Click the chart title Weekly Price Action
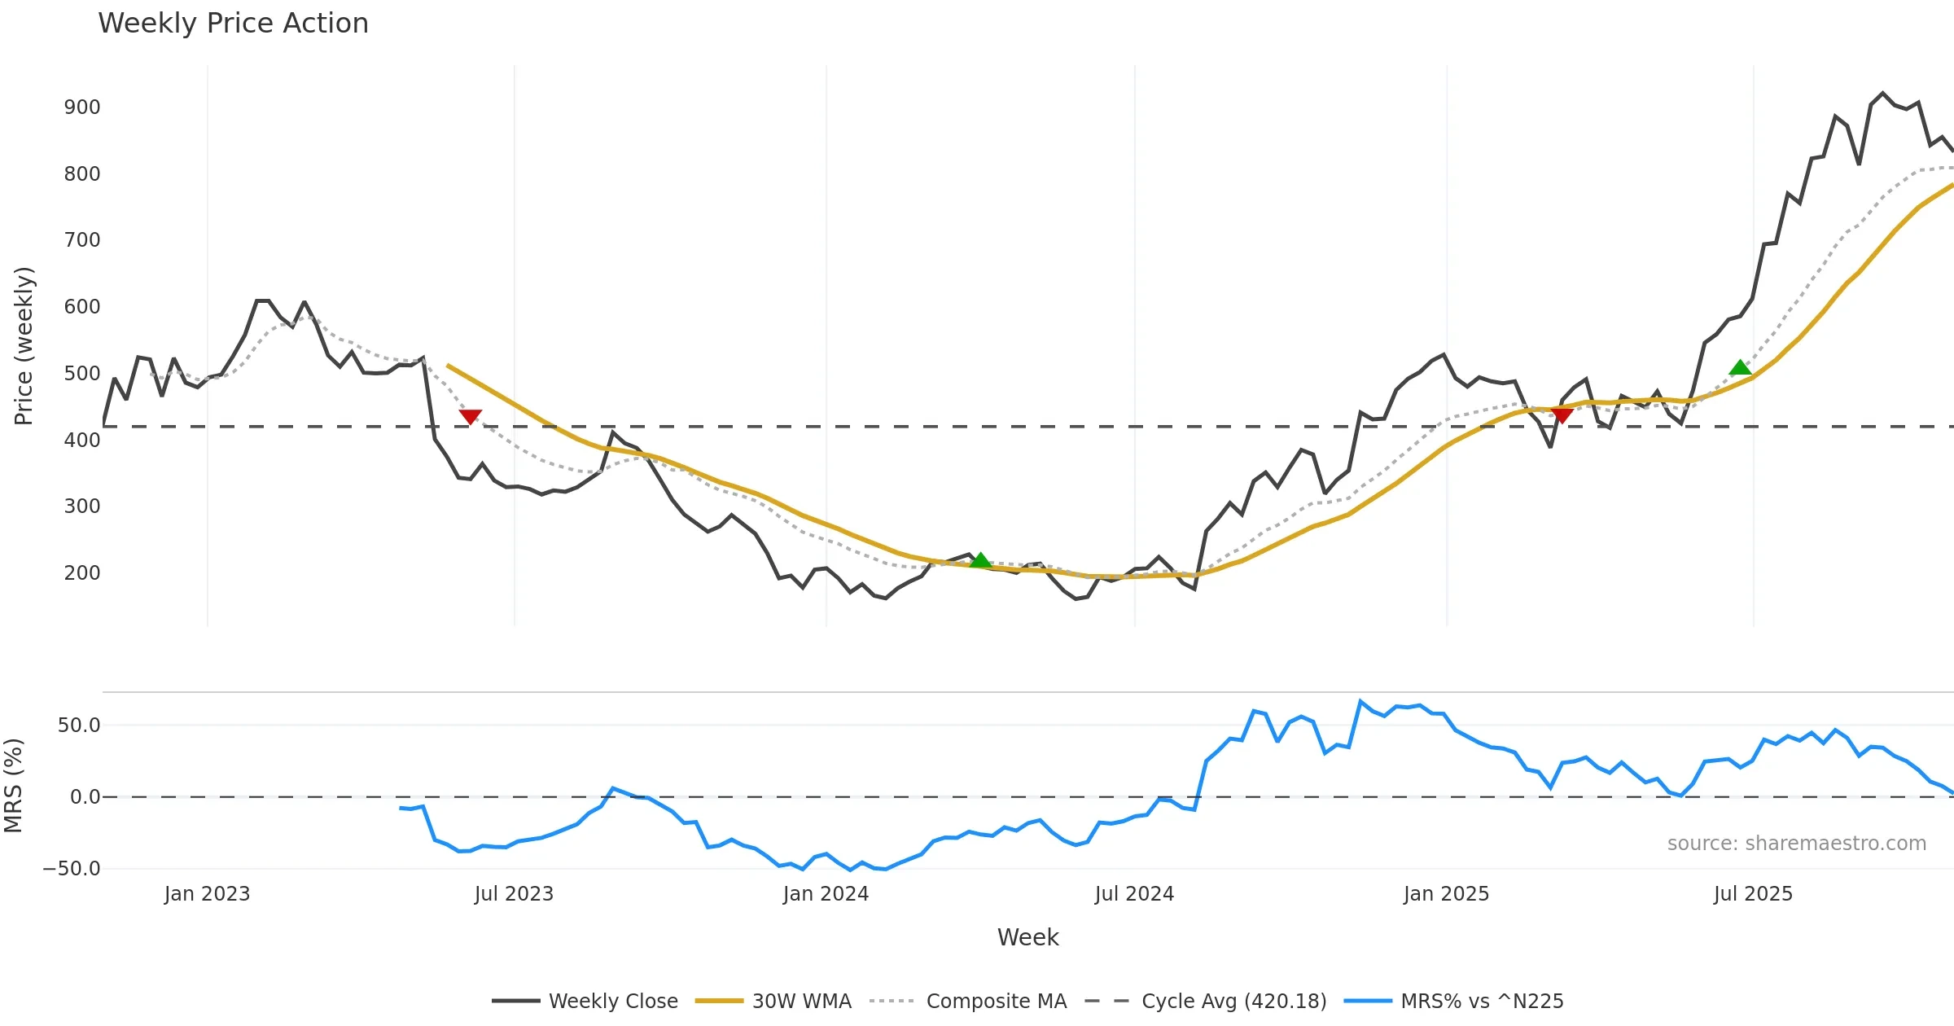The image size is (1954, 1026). tap(233, 24)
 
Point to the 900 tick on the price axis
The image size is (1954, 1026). tap(82, 107)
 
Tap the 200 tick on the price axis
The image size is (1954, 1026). tap(82, 573)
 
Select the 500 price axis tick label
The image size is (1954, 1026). tap(82, 374)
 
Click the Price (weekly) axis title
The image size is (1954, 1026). tap(24, 346)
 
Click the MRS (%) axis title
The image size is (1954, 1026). tap(14, 786)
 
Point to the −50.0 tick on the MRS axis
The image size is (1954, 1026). tap(72, 869)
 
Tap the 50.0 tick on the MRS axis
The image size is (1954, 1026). tap(79, 726)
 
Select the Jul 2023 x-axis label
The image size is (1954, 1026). tap(514, 894)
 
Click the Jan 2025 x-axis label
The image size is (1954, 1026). tap(1446, 894)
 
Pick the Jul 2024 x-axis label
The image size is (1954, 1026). tap(1134, 894)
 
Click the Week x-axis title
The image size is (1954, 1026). tap(1027, 938)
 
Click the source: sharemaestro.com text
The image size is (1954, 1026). tap(1796, 844)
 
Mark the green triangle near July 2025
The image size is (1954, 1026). tap(1740, 368)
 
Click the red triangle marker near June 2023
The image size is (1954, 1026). tap(471, 416)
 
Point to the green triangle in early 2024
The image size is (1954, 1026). tap(981, 560)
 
